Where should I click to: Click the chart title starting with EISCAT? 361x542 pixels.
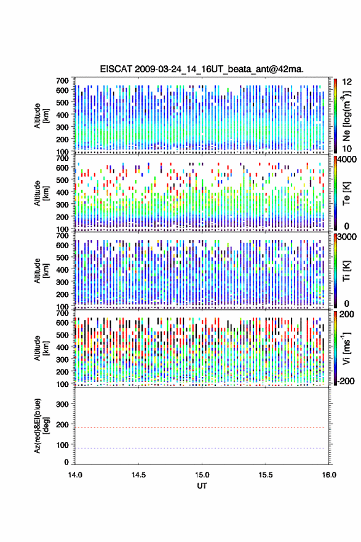click(x=202, y=69)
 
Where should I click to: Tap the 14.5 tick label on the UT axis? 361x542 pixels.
click(x=138, y=475)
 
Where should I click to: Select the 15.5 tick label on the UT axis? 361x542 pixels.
click(x=266, y=475)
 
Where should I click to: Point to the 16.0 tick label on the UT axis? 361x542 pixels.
click(x=329, y=475)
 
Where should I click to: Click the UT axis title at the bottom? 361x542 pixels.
click(x=202, y=486)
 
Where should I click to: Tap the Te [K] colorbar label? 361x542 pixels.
click(x=346, y=193)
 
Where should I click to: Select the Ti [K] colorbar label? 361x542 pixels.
click(x=346, y=270)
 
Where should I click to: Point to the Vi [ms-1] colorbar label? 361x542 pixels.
click(x=346, y=348)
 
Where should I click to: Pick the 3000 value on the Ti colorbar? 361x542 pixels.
click(x=347, y=237)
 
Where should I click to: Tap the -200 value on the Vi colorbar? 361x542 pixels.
click(x=346, y=381)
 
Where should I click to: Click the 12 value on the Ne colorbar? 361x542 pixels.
click(x=347, y=82)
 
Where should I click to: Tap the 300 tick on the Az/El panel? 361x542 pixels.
click(x=63, y=404)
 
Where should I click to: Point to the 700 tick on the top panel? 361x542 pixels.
click(x=63, y=81)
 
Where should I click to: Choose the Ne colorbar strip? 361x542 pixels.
click(x=335, y=116)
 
